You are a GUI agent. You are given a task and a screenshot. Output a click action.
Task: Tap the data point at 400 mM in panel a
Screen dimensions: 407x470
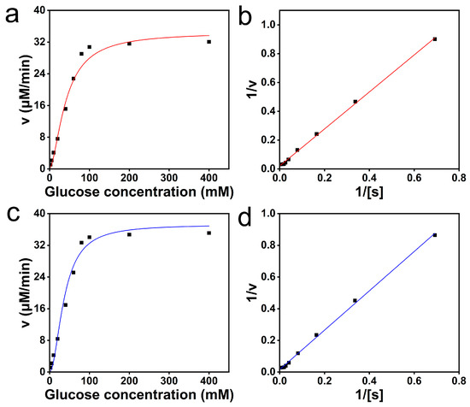tap(209, 42)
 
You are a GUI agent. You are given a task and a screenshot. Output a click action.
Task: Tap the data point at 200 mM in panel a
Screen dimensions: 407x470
tap(129, 44)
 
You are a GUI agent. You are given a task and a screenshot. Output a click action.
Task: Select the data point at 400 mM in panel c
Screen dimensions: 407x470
tap(209, 233)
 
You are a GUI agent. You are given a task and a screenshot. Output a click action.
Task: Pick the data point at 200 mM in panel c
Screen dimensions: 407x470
tap(129, 234)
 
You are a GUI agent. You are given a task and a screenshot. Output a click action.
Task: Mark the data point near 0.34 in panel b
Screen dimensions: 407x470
tap(355, 102)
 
